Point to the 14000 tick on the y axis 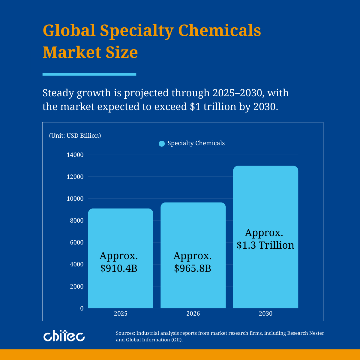point(75,155)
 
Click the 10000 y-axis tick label point(75,199)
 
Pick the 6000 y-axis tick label point(77,242)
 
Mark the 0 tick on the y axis point(82,308)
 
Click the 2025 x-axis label point(121,314)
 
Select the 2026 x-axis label point(193,314)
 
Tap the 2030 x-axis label point(265,314)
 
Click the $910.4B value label point(119,268)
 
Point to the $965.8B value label point(193,268)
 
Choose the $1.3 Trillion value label point(265,245)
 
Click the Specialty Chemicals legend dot point(162,144)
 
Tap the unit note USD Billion point(75,136)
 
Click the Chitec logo point(64,336)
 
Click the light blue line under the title point(89,74)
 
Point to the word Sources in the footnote point(125,333)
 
